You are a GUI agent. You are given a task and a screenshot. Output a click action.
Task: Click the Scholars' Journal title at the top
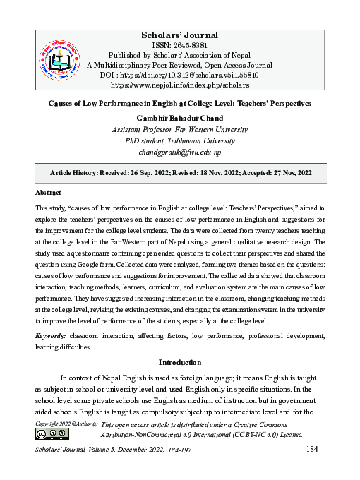[180, 35]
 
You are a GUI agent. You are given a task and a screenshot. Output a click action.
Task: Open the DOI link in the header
[191, 75]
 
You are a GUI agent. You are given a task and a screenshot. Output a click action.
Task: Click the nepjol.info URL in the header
[180, 85]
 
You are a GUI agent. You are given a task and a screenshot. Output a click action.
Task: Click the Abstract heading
[48, 192]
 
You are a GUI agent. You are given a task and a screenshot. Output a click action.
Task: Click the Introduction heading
[180, 363]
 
